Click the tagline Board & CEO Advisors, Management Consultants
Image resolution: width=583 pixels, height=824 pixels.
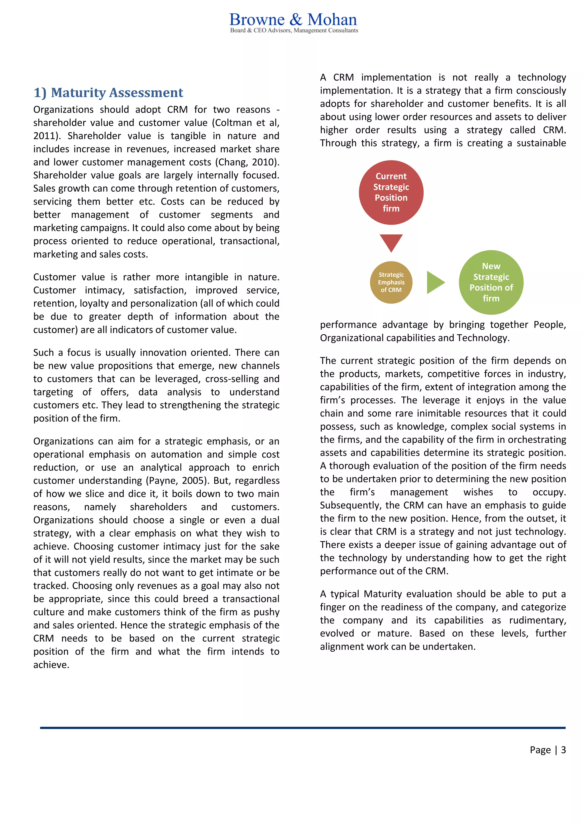pyautogui.click(x=294, y=30)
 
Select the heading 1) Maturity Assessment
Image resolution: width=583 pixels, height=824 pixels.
pyautogui.click(x=108, y=93)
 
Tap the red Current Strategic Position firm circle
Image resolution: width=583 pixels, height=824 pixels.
pyautogui.click(x=391, y=192)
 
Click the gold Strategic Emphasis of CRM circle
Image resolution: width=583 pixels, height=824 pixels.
pyautogui.click(x=391, y=282)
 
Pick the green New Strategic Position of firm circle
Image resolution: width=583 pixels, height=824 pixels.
pyautogui.click(x=491, y=282)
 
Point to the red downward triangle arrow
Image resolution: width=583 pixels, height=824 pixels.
pyautogui.click(x=391, y=242)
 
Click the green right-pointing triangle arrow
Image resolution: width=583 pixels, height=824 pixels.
pyautogui.click(x=435, y=282)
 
